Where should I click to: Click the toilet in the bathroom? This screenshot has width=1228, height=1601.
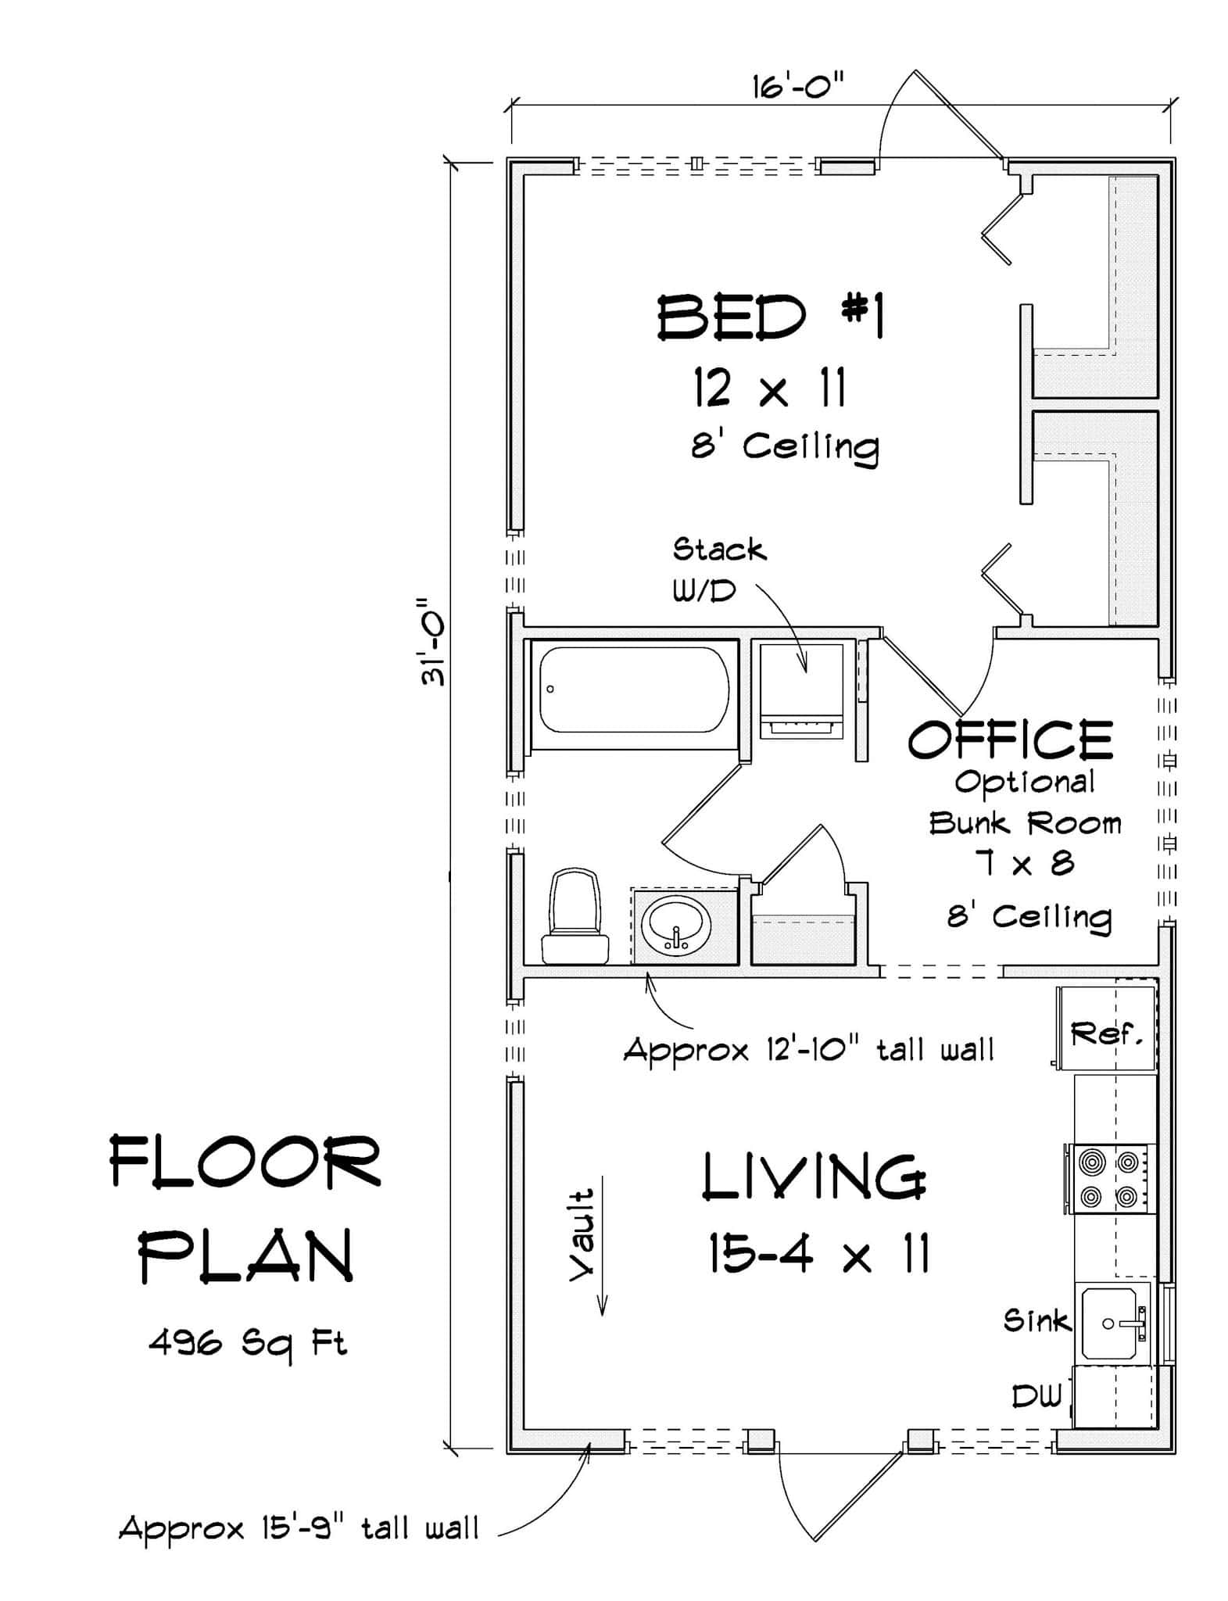(575, 916)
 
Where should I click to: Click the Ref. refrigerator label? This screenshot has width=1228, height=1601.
(1106, 1034)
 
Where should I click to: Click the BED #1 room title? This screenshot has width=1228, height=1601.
(770, 317)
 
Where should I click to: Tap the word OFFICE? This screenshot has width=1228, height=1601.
(1010, 740)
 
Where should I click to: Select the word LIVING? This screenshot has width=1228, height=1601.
(814, 1177)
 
